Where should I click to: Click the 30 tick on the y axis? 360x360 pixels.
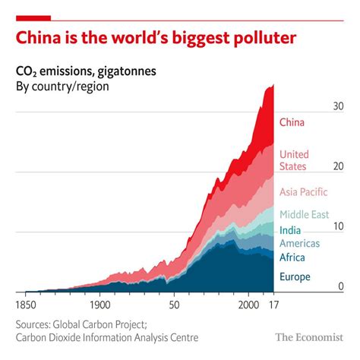click(337, 107)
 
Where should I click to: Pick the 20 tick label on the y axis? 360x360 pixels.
click(337, 167)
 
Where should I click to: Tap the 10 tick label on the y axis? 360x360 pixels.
click(337, 226)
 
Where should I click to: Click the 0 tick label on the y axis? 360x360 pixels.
click(340, 286)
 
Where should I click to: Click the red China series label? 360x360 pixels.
click(292, 123)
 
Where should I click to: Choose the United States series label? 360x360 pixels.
click(294, 160)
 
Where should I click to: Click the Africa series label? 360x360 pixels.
click(292, 258)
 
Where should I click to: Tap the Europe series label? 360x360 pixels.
click(295, 277)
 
